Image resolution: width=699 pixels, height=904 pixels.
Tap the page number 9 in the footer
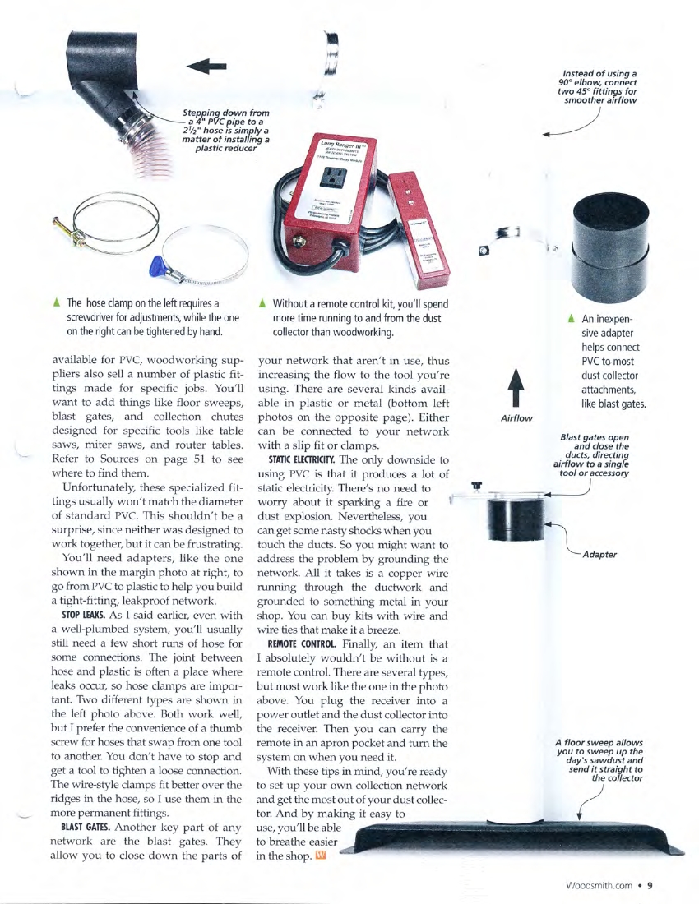tap(649, 885)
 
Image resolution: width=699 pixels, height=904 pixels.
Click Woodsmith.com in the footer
tap(600, 885)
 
